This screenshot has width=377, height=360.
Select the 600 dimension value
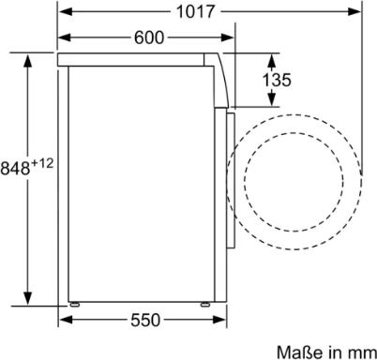point(148,37)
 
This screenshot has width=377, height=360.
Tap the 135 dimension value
point(276,81)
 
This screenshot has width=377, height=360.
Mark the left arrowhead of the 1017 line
point(62,12)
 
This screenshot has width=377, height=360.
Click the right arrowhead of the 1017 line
point(357,12)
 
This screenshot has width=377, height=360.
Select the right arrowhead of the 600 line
point(228,37)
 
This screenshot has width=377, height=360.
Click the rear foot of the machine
point(71,305)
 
